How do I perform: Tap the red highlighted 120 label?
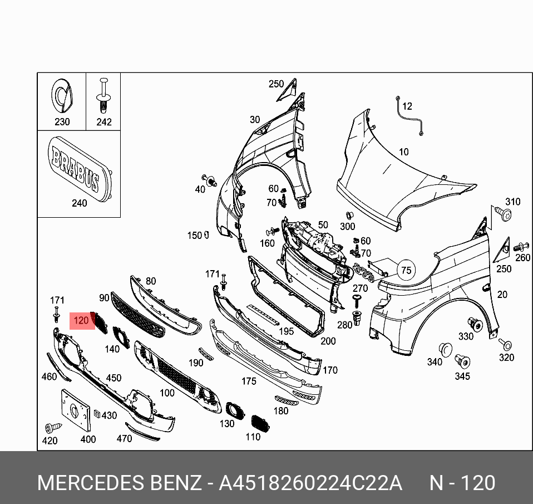81,321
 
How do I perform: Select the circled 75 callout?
406,271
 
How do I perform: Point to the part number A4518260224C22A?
310,482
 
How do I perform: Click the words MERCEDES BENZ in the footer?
119,482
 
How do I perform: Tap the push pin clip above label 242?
103,96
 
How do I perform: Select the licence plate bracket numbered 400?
76,410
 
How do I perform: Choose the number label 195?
286,331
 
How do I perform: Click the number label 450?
113,378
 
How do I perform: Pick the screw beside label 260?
520,246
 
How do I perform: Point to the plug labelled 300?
349,216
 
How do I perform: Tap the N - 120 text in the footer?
462,482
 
